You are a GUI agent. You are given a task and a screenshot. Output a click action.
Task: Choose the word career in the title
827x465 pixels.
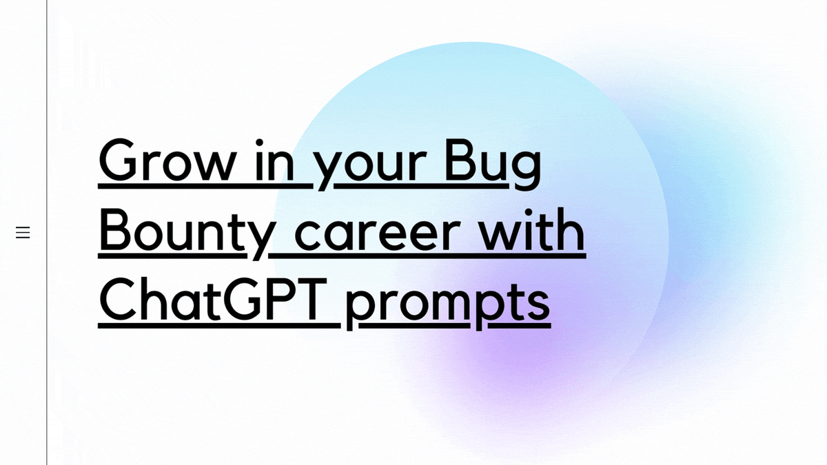378,234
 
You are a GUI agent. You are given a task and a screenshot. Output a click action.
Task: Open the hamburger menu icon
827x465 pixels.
23,233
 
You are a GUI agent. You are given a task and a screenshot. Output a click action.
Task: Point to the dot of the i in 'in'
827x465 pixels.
259,143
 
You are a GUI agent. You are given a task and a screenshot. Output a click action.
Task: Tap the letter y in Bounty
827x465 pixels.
259,240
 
